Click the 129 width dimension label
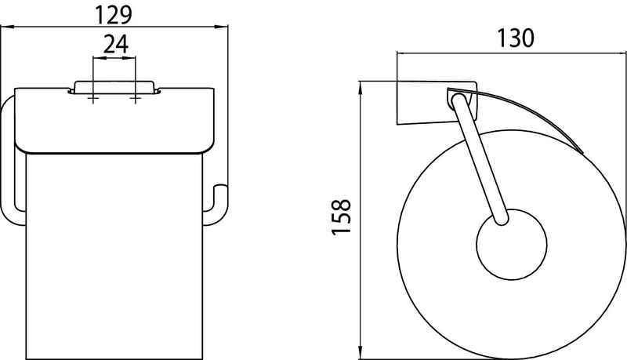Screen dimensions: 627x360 pos(113,15)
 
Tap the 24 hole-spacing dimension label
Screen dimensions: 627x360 pos(116,44)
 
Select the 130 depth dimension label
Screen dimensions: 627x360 pos(516,38)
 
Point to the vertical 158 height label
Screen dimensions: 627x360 pos(342,216)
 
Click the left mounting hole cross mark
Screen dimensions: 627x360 pos(93,98)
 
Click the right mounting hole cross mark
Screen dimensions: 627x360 pos(136,98)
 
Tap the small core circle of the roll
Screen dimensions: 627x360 pos(512,245)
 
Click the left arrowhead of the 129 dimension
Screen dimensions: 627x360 pos(7,27)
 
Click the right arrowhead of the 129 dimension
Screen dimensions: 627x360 pos(221,27)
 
